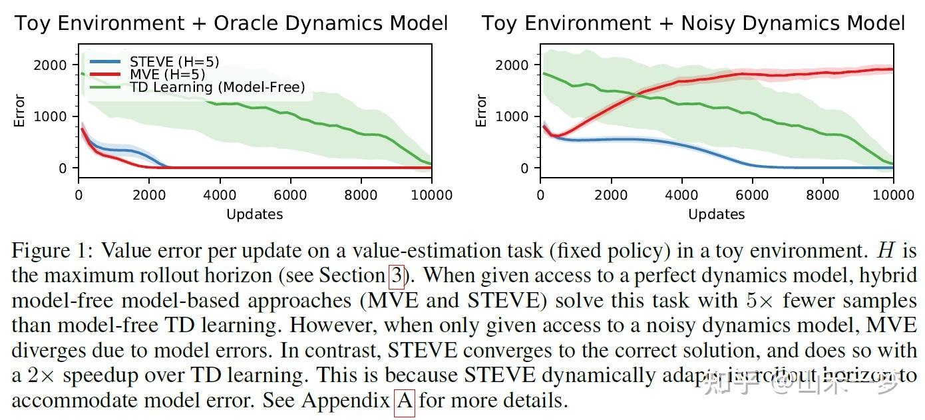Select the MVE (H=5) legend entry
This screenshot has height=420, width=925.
(167, 75)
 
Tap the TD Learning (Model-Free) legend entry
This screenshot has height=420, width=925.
(217, 87)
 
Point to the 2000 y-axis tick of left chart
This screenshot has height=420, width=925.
(54, 65)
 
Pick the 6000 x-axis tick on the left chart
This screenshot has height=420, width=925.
(290, 195)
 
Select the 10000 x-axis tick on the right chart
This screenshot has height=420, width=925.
(892, 195)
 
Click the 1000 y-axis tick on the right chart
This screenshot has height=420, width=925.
(516, 117)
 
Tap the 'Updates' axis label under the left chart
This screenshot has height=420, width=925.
(254, 214)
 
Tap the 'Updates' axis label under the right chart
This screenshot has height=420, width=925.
(716, 214)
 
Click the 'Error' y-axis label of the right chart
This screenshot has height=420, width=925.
(482, 110)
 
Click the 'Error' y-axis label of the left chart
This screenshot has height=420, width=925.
(20, 110)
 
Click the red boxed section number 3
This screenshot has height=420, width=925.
(395, 275)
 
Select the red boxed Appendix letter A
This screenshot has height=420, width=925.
(404, 401)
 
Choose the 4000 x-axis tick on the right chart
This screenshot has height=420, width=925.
(681, 195)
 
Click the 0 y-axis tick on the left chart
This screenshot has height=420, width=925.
(63, 168)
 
